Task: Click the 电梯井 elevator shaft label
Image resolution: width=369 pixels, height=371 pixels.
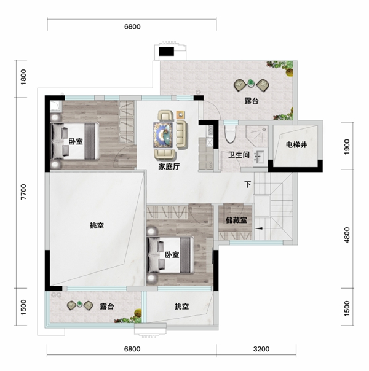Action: (296, 144)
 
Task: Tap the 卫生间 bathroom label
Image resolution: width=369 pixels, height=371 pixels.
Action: (239, 155)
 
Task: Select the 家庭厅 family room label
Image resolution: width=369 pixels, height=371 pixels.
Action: (169, 166)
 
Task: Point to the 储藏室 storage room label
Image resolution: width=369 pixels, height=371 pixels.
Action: (236, 220)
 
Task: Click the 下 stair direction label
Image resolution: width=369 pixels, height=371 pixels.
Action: (248, 184)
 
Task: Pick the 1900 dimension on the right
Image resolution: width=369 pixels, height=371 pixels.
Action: (347, 147)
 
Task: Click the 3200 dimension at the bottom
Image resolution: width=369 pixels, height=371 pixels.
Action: (261, 349)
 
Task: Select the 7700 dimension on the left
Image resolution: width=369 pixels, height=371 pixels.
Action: (23, 192)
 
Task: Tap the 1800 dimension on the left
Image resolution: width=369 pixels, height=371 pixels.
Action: (23, 77)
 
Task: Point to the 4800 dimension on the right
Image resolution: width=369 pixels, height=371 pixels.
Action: (347, 235)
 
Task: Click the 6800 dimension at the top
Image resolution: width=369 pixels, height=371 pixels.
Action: (132, 26)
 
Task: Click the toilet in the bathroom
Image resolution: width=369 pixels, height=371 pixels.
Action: (230, 134)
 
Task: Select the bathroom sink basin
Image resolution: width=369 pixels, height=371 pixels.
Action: (260, 157)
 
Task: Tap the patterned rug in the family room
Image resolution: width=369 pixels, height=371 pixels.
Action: (163, 135)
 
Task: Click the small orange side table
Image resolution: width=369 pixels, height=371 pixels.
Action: (181, 115)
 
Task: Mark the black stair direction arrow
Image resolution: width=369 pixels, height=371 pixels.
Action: (259, 228)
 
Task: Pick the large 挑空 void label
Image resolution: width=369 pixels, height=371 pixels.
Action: (97, 225)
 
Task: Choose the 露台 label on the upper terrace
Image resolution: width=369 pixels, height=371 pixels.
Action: (252, 101)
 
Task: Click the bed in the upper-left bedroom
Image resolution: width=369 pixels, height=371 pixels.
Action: (75, 141)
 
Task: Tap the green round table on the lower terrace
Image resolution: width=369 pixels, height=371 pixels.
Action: (79, 303)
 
